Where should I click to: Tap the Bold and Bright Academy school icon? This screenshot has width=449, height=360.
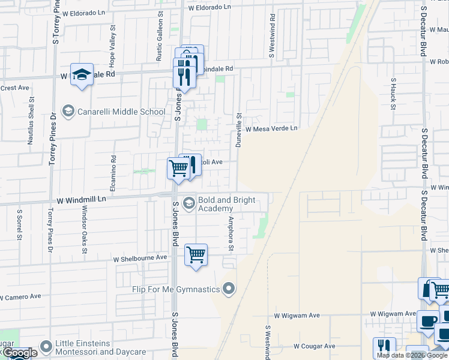click(x=188, y=204)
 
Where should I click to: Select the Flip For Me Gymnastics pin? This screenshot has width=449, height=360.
click(x=228, y=290)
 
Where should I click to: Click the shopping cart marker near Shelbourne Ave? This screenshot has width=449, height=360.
click(x=196, y=254)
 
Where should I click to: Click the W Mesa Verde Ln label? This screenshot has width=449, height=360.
click(x=271, y=128)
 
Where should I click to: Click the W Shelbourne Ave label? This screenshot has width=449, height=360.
click(x=140, y=257)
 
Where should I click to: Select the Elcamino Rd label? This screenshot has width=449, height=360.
click(x=113, y=169)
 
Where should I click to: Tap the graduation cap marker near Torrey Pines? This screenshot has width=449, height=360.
click(x=82, y=74)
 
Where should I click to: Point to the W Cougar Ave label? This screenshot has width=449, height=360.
click(x=314, y=346)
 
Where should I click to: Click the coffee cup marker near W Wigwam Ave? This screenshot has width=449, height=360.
click(x=428, y=320)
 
